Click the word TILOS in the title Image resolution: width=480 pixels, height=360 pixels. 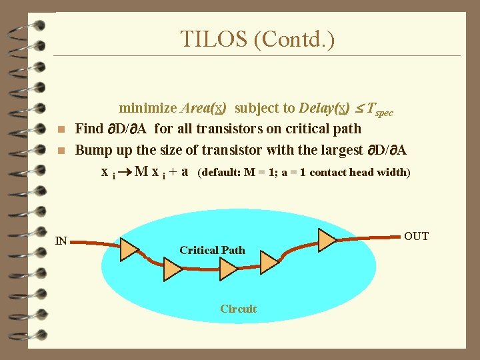coord(214,39)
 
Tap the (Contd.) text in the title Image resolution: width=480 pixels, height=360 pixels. coord(294,39)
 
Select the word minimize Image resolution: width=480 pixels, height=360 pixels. coord(148,108)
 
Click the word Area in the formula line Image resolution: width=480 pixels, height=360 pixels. coord(197,108)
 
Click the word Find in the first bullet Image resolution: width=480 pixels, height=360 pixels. coord(89,129)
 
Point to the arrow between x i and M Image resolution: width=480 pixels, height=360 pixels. coord(125,172)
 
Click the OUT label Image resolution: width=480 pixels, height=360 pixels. coord(417,236)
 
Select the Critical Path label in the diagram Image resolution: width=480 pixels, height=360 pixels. coord(212,250)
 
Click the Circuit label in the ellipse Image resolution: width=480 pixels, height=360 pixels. coord(238,309)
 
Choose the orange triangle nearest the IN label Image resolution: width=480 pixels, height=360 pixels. coord(128,248)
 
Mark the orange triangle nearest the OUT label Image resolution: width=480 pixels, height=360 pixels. coord(327,239)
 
